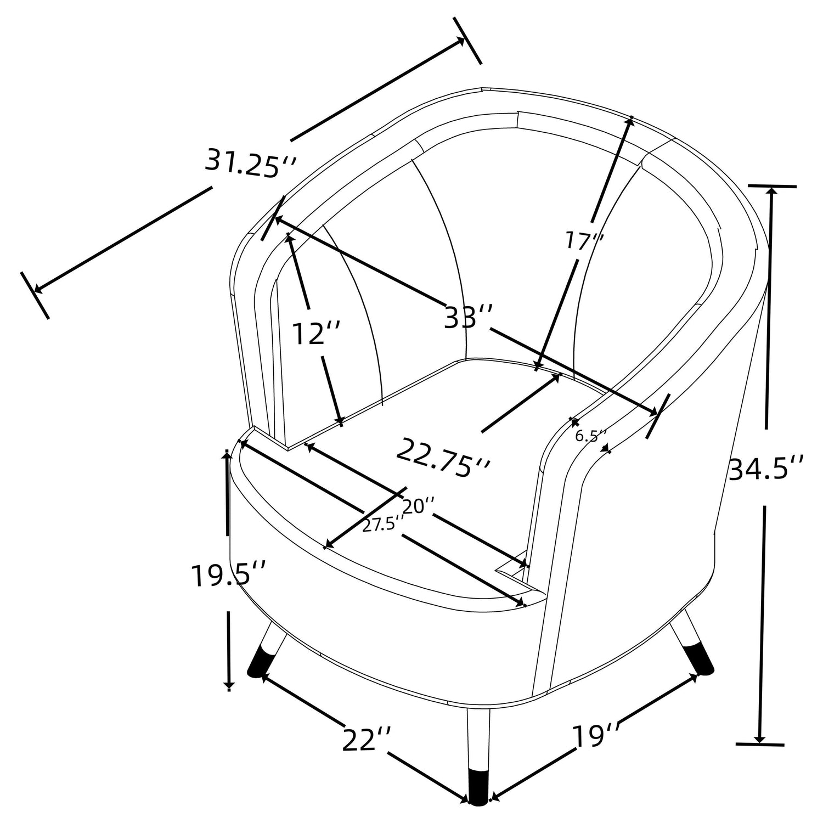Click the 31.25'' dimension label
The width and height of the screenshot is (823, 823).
pyautogui.click(x=251, y=163)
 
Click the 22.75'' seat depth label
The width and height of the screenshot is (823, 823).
pyautogui.click(x=443, y=457)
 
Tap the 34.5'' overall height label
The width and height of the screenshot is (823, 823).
pyautogui.click(x=766, y=469)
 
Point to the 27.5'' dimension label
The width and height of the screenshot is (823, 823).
pyautogui.click(x=379, y=525)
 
